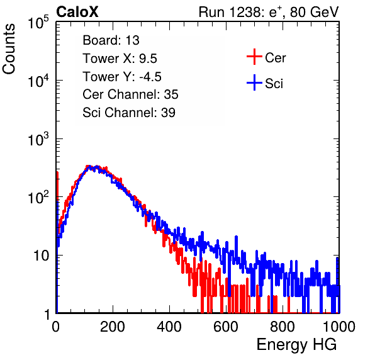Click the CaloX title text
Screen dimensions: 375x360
click(x=77, y=12)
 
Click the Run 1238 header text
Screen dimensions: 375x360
click(x=269, y=12)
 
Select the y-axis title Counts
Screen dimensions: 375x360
click(x=9, y=49)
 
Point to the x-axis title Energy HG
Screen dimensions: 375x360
click(x=296, y=345)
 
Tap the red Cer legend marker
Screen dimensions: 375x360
click(x=254, y=57)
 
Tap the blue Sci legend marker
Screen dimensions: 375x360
click(x=254, y=82)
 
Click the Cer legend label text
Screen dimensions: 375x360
click(x=275, y=58)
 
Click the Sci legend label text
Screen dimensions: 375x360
click(x=274, y=84)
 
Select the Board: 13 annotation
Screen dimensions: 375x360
click(x=111, y=40)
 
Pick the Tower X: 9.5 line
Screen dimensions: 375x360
click(x=120, y=59)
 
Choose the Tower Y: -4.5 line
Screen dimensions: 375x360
click(x=122, y=77)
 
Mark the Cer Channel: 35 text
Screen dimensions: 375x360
click(x=130, y=94)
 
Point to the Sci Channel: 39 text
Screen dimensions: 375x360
click(x=129, y=113)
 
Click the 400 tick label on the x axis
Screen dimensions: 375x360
click(x=169, y=327)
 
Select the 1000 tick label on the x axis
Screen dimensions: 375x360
click(x=339, y=327)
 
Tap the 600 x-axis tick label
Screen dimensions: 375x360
click(x=226, y=327)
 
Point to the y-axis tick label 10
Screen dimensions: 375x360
click(x=41, y=256)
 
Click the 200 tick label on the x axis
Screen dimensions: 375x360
click(x=113, y=327)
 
